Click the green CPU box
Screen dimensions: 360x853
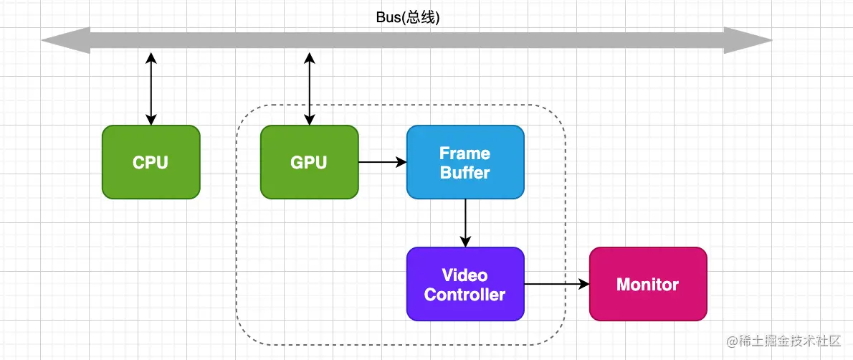151,162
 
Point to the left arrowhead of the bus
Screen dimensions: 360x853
65,40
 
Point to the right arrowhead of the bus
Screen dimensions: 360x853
748,40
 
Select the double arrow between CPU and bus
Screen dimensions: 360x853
151,89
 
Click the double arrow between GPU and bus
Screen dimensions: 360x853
309,89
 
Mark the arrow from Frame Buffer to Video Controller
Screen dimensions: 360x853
465,222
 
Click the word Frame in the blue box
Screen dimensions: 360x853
465,153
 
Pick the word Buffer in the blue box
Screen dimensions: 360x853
465,172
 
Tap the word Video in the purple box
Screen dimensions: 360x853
465,275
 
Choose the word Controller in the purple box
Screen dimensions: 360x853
465,294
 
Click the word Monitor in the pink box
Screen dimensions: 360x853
647,285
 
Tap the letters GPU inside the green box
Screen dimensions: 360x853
309,163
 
